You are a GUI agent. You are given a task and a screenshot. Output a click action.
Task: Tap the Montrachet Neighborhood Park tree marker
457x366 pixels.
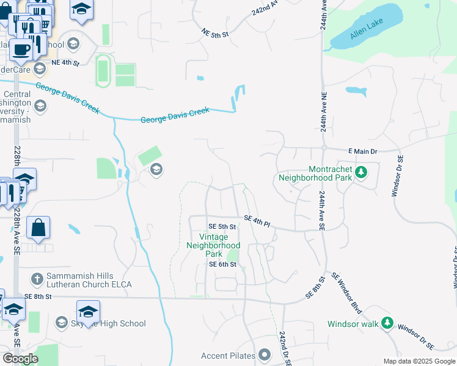[361, 171]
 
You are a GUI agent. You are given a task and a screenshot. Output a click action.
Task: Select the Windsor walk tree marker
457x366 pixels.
[387, 323]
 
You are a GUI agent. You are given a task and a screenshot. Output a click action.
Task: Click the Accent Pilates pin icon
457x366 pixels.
[265, 354]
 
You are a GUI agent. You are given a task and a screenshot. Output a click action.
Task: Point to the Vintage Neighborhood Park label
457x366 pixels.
[213, 245]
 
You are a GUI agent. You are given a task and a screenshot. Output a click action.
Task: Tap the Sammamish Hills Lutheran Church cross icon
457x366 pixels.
[38, 278]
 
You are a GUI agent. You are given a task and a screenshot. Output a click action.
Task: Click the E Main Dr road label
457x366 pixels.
[364, 150]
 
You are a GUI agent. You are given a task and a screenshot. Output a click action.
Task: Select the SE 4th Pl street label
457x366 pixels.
[257, 221]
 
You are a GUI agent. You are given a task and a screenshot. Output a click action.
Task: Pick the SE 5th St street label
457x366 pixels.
[222, 226]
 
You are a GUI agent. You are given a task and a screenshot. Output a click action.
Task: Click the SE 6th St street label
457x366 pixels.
[222, 264]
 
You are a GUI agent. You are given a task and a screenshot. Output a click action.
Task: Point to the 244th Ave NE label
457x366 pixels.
[323, 115]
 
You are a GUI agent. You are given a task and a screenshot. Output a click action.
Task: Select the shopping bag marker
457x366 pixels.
[38, 228]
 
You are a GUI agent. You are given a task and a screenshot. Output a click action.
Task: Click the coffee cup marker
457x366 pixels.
[21, 50]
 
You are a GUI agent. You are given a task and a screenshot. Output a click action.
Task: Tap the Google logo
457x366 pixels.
[20, 359]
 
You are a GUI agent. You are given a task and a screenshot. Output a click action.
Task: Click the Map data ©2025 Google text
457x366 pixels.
[419, 361]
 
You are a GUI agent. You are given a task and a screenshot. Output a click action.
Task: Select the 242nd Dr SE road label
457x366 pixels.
[285, 348]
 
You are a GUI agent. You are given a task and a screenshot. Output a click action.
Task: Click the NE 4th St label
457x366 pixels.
[66, 62]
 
